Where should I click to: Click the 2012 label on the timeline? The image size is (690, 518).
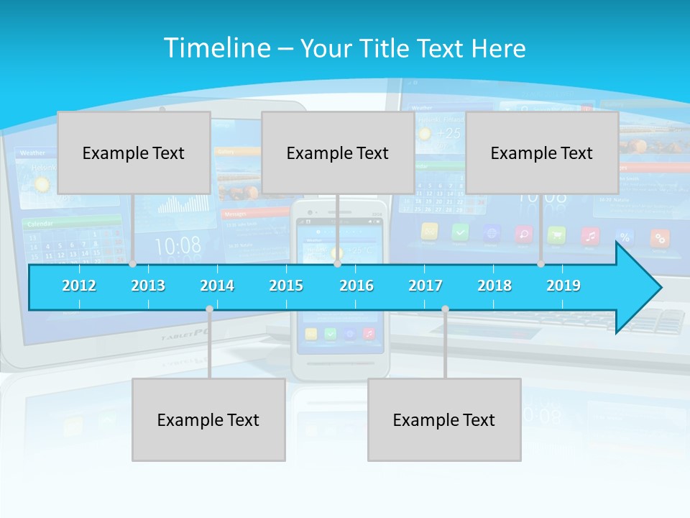click(79, 286)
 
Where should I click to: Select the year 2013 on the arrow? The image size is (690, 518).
click(148, 286)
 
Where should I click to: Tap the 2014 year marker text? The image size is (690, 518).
click(217, 286)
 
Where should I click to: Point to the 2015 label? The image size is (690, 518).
click(286, 286)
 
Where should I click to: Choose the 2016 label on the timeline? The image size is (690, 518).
click(356, 286)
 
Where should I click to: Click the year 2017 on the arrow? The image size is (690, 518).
click(425, 286)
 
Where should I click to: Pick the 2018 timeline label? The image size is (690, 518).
click(494, 286)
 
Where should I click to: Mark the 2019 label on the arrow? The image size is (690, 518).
click(563, 286)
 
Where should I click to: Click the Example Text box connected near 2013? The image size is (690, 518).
click(134, 153)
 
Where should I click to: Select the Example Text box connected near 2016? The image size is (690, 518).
click(338, 153)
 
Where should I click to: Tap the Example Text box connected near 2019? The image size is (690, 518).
click(542, 153)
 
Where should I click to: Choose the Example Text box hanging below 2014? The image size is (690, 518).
click(208, 419)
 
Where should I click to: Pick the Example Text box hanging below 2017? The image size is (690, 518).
click(444, 419)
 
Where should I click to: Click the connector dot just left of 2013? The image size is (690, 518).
click(132, 264)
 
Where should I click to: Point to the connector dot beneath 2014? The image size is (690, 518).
click(209, 309)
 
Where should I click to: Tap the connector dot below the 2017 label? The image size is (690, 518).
click(445, 309)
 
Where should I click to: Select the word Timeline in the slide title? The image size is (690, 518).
click(216, 48)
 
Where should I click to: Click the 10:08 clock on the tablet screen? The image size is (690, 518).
click(178, 246)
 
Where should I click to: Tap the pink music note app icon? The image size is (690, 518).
click(590, 235)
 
